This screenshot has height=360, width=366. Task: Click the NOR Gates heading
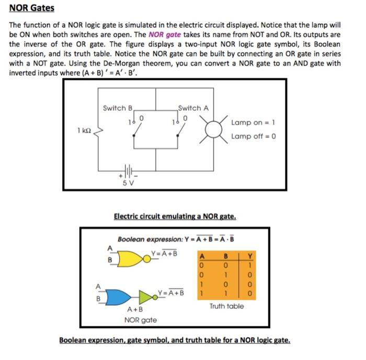(31, 9)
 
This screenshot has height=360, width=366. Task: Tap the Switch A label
(193, 108)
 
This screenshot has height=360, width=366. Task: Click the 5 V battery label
(128, 183)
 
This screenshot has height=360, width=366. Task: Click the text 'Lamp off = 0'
(253, 136)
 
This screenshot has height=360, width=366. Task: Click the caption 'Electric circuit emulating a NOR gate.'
(175, 216)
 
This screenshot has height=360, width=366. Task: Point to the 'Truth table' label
(226, 306)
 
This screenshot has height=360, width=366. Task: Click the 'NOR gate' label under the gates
(140, 319)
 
